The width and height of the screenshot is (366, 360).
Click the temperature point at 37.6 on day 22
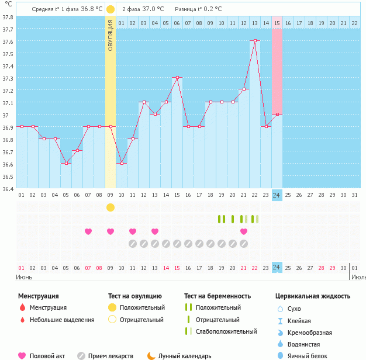[x=255, y=40]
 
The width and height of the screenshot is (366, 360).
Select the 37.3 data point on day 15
[x=177, y=77]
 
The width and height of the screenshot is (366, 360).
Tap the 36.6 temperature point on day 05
[x=66, y=163]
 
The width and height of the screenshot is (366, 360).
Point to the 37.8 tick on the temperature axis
[x=8, y=16]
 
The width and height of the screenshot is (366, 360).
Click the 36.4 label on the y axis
[x=8, y=189]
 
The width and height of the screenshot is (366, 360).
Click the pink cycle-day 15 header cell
[x=277, y=23]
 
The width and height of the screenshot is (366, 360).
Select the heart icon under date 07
[x=88, y=231]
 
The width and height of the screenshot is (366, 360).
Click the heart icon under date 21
[x=244, y=231]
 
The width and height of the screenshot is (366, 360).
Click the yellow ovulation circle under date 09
[x=111, y=207]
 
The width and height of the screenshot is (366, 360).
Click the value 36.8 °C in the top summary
[x=91, y=9]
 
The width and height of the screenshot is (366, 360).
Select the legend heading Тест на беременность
[x=217, y=296]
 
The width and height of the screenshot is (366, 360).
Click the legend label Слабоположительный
[x=226, y=331]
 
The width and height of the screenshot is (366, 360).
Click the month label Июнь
[x=24, y=276]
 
